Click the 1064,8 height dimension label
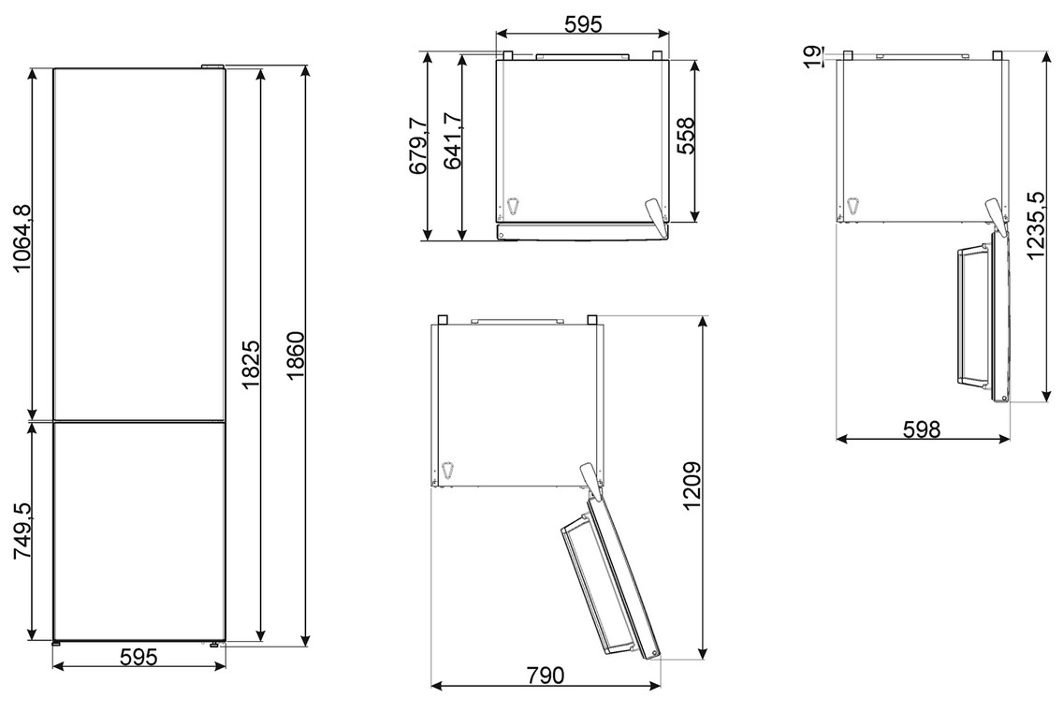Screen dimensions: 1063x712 23,238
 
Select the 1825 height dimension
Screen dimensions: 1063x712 252,363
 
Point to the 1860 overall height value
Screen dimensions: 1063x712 297,356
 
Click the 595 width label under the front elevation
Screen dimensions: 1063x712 138,657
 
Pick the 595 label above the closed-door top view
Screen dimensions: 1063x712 583,23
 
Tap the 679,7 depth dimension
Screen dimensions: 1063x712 418,146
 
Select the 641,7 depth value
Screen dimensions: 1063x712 453,139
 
